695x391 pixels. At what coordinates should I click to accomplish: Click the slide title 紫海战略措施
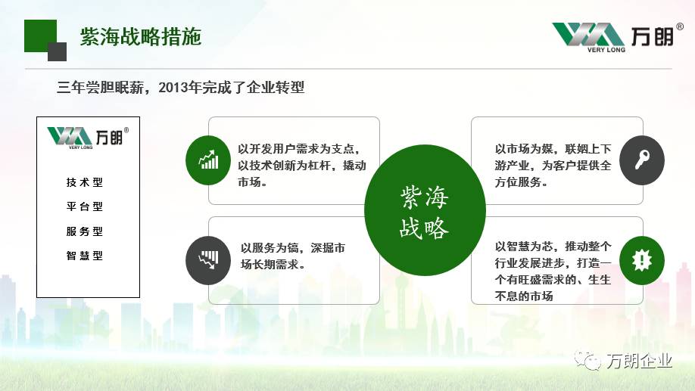pos(141,36)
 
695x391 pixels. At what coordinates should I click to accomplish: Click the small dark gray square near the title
pos(58,52)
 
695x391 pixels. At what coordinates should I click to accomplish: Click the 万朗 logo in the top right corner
pos(617,37)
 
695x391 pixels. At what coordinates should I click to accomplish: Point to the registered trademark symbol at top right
pos(680,26)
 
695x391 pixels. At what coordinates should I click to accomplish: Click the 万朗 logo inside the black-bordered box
pos(88,138)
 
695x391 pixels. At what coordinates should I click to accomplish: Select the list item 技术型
pos(85,182)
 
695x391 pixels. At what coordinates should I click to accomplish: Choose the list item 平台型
pos(85,206)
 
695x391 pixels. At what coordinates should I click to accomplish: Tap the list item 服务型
pos(85,231)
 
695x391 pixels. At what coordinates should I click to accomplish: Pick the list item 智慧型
pos(85,256)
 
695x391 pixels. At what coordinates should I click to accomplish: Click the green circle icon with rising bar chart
pos(208,160)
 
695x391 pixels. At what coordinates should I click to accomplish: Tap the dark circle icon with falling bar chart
pos(208,260)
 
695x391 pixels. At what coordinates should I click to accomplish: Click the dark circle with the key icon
pos(642,160)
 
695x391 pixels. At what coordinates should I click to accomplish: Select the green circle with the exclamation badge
pos(642,260)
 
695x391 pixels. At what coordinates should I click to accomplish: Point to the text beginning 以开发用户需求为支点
pos(302,165)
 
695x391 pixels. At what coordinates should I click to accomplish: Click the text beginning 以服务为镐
pos(292,256)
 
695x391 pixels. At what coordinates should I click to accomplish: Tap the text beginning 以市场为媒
pos(553,165)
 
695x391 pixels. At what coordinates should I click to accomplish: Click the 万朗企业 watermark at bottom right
pos(623,361)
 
